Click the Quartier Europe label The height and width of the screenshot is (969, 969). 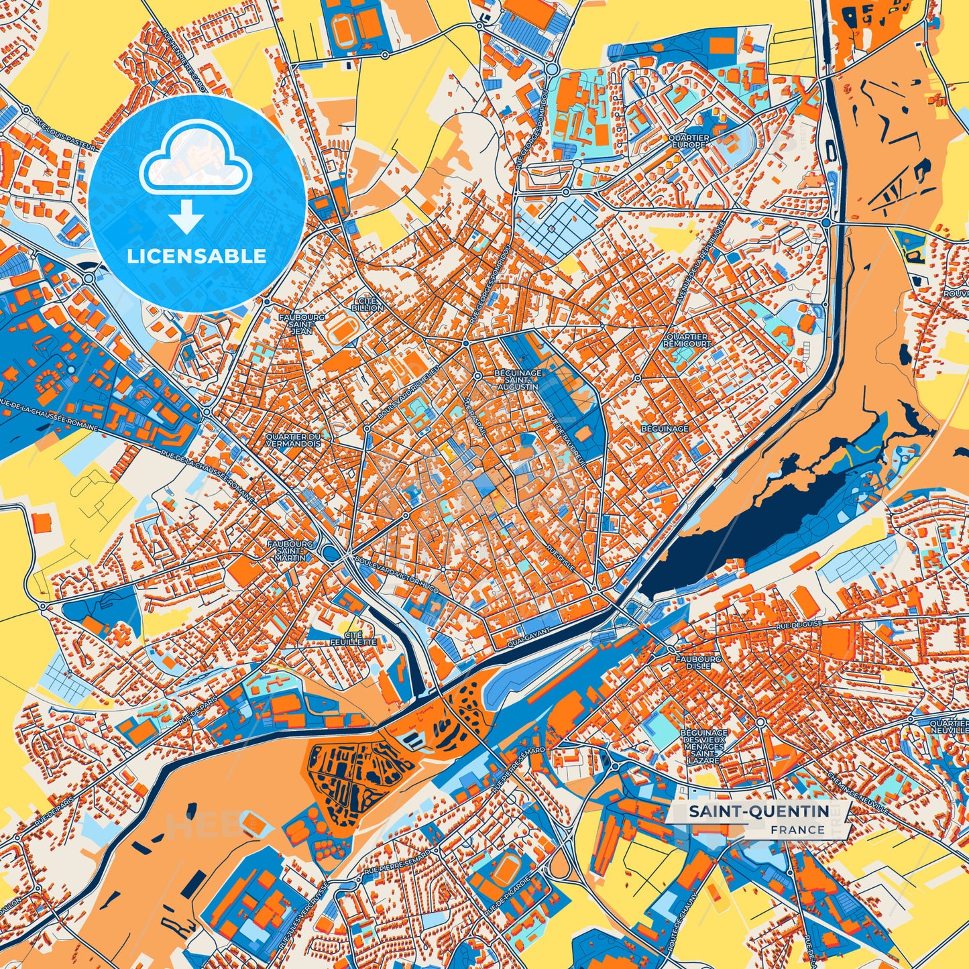click(x=688, y=141)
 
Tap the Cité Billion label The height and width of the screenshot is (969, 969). click(x=367, y=304)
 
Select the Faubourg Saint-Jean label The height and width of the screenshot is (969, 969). click(x=303, y=324)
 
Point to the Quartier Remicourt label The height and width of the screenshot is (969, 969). click(x=687, y=340)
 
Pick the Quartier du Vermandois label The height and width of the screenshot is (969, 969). click(x=293, y=439)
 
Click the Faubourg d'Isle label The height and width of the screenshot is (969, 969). click(x=698, y=663)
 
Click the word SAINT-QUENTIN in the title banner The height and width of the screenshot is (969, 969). click(x=759, y=811)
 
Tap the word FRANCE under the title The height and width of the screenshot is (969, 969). click(x=797, y=830)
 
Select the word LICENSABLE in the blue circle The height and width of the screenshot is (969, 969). click(x=198, y=255)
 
